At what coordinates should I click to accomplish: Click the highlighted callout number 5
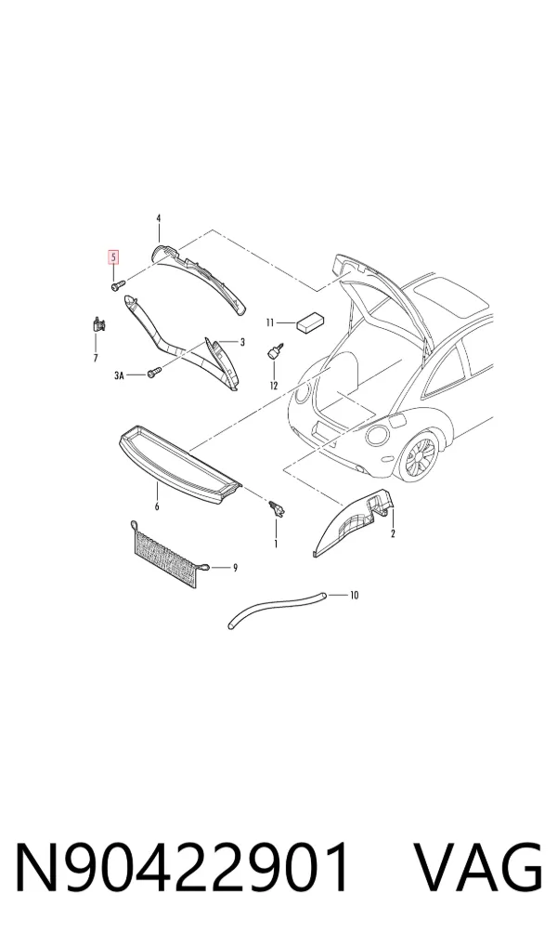click(x=113, y=257)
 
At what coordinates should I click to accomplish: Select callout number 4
click(x=159, y=217)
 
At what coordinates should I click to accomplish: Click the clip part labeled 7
click(x=98, y=324)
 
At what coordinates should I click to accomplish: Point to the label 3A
click(x=119, y=375)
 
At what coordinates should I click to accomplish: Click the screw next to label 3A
click(x=154, y=373)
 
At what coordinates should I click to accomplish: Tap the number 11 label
click(x=271, y=322)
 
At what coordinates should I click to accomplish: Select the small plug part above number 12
click(x=276, y=351)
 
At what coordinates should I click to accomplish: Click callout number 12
click(x=274, y=385)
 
